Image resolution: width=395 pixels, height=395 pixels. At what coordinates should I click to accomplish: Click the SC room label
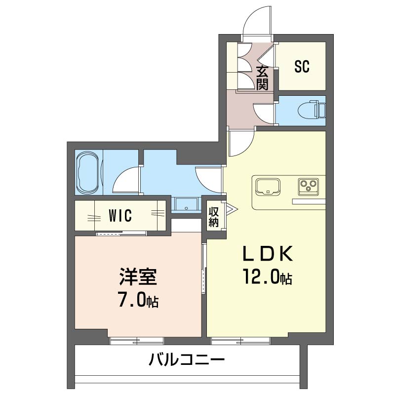(302, 66)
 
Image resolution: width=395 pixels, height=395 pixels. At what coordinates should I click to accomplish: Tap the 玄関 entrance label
(263, 78)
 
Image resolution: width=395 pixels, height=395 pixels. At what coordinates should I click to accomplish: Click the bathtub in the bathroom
(88, 173)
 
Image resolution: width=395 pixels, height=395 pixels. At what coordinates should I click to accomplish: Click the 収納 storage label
(213, 217)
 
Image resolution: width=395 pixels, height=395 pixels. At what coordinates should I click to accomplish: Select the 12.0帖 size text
(267, 277)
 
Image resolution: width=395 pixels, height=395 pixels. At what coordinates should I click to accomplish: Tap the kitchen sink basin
(267, 187)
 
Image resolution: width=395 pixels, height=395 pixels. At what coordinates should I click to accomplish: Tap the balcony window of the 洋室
(136, 340)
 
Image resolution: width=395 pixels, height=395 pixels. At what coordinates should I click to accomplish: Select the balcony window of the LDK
(240, 340)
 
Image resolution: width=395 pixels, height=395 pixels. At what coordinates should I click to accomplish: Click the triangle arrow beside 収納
(231, 209)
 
